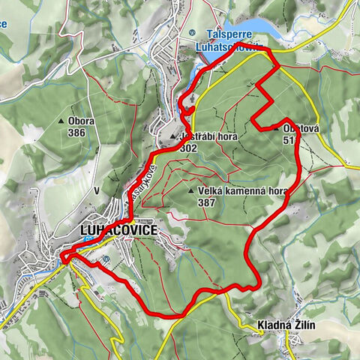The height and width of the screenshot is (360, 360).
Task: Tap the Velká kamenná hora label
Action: [x=243, y=191]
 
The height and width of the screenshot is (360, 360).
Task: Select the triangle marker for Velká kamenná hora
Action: [x=191, y=191]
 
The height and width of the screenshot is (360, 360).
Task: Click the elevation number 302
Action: [x=189, y=148]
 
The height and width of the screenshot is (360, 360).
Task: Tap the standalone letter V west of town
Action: [x=97, y=191]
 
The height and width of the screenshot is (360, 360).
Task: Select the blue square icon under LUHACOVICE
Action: [x=88, y=240]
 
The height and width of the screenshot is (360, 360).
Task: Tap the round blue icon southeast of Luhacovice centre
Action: [x=106, y=259]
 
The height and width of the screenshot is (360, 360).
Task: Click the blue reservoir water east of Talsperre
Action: [x=259, y=26]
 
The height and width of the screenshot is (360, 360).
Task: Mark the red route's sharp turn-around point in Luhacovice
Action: [x=64, y=259]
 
